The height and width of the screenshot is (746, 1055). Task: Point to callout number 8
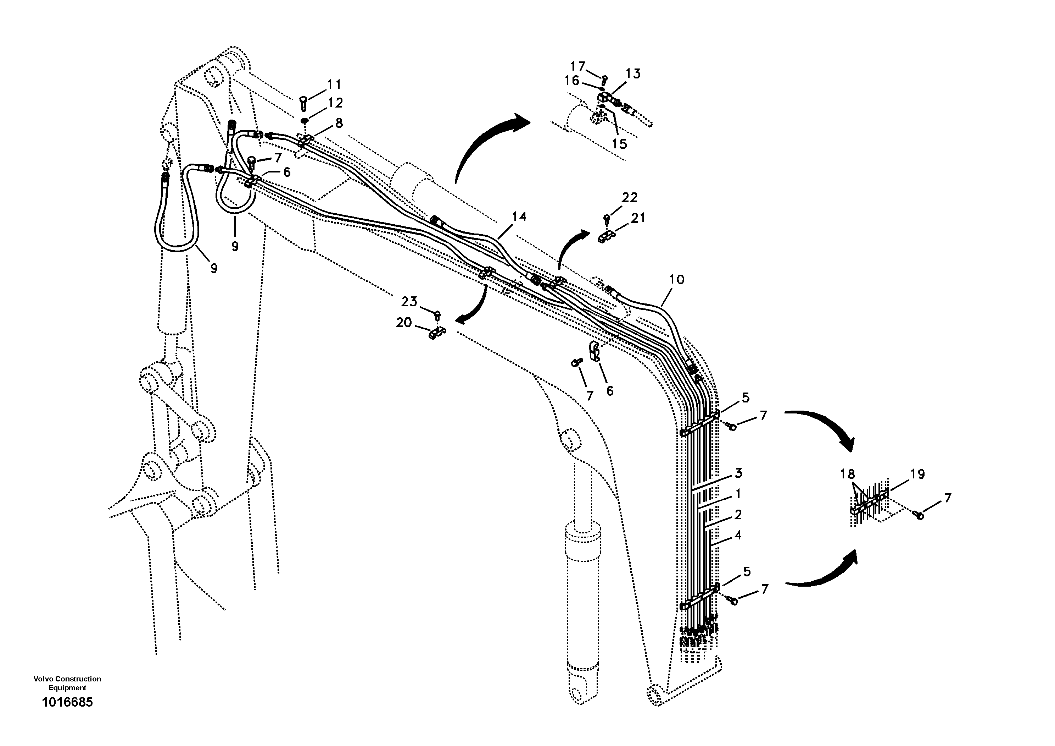tap(339, 123)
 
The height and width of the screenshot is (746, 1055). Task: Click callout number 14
tap(519, 216)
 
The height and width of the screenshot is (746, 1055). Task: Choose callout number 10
tap(676, 280)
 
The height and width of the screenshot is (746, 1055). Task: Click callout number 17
tap(578, 66)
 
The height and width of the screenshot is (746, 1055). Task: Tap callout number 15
tap(619, 144)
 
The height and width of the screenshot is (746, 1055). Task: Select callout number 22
tap(630, 198)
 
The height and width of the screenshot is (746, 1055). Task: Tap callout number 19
tap(917, 474)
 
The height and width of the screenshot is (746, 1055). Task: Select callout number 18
tap(848, 474)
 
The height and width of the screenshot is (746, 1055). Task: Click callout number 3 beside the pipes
tap(738, 472)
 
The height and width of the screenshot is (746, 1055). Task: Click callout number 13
tap(633, 73)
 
